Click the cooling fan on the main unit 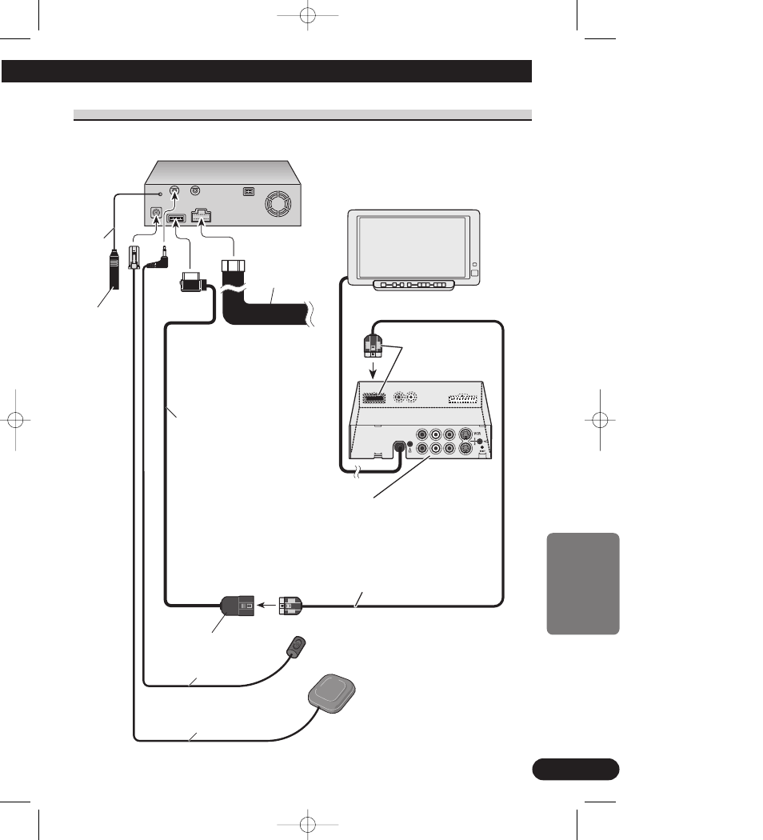279,203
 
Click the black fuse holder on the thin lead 113,272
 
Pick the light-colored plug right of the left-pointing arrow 289,606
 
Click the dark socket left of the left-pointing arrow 237,606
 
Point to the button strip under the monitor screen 413,285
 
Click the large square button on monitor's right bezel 474,274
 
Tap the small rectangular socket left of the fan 248,192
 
